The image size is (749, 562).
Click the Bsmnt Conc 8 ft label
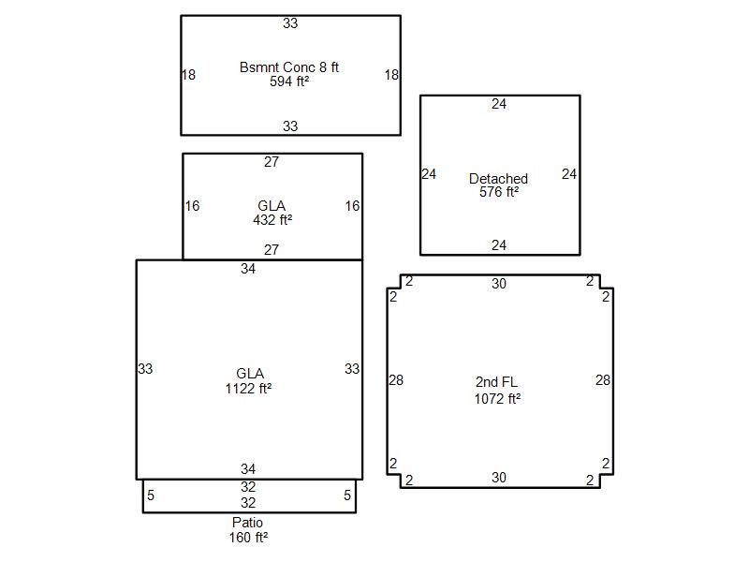289,67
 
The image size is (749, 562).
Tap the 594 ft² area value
289,81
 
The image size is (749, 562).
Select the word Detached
498,179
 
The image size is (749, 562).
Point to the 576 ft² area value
499,192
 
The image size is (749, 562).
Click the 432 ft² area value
272,220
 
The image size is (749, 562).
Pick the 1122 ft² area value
248,388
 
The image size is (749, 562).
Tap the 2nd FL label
496,382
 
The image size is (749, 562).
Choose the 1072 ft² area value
497,399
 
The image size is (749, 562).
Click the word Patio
247,523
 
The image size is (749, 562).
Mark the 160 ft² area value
248,538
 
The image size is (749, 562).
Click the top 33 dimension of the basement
290,23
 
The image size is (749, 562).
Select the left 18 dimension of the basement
189,75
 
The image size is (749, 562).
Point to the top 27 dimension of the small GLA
272,162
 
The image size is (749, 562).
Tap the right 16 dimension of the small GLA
353,206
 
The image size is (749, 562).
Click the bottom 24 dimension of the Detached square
499,245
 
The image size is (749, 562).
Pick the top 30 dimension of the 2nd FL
499,284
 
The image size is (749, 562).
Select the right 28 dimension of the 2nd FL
603,380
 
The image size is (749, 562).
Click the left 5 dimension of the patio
151,495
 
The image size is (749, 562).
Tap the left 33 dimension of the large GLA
145,369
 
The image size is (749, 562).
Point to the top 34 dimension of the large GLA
248,269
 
